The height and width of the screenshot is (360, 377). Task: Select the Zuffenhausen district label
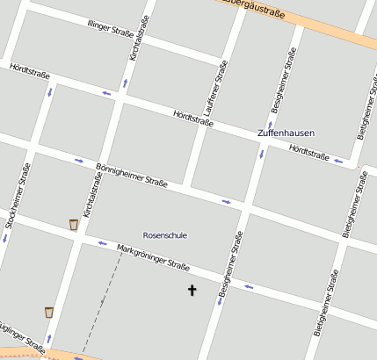tap(286, 133)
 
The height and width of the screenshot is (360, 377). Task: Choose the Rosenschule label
tap(164, 235)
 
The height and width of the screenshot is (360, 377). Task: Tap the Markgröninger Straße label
tap(154, 259)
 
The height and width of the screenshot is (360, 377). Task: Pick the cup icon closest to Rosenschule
tap(73, 225)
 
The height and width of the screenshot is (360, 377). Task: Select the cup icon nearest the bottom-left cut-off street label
tap(49, 312)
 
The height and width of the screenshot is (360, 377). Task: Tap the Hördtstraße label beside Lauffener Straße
tap(193, 118)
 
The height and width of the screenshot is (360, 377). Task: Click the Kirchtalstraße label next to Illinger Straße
tap(134, 41)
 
